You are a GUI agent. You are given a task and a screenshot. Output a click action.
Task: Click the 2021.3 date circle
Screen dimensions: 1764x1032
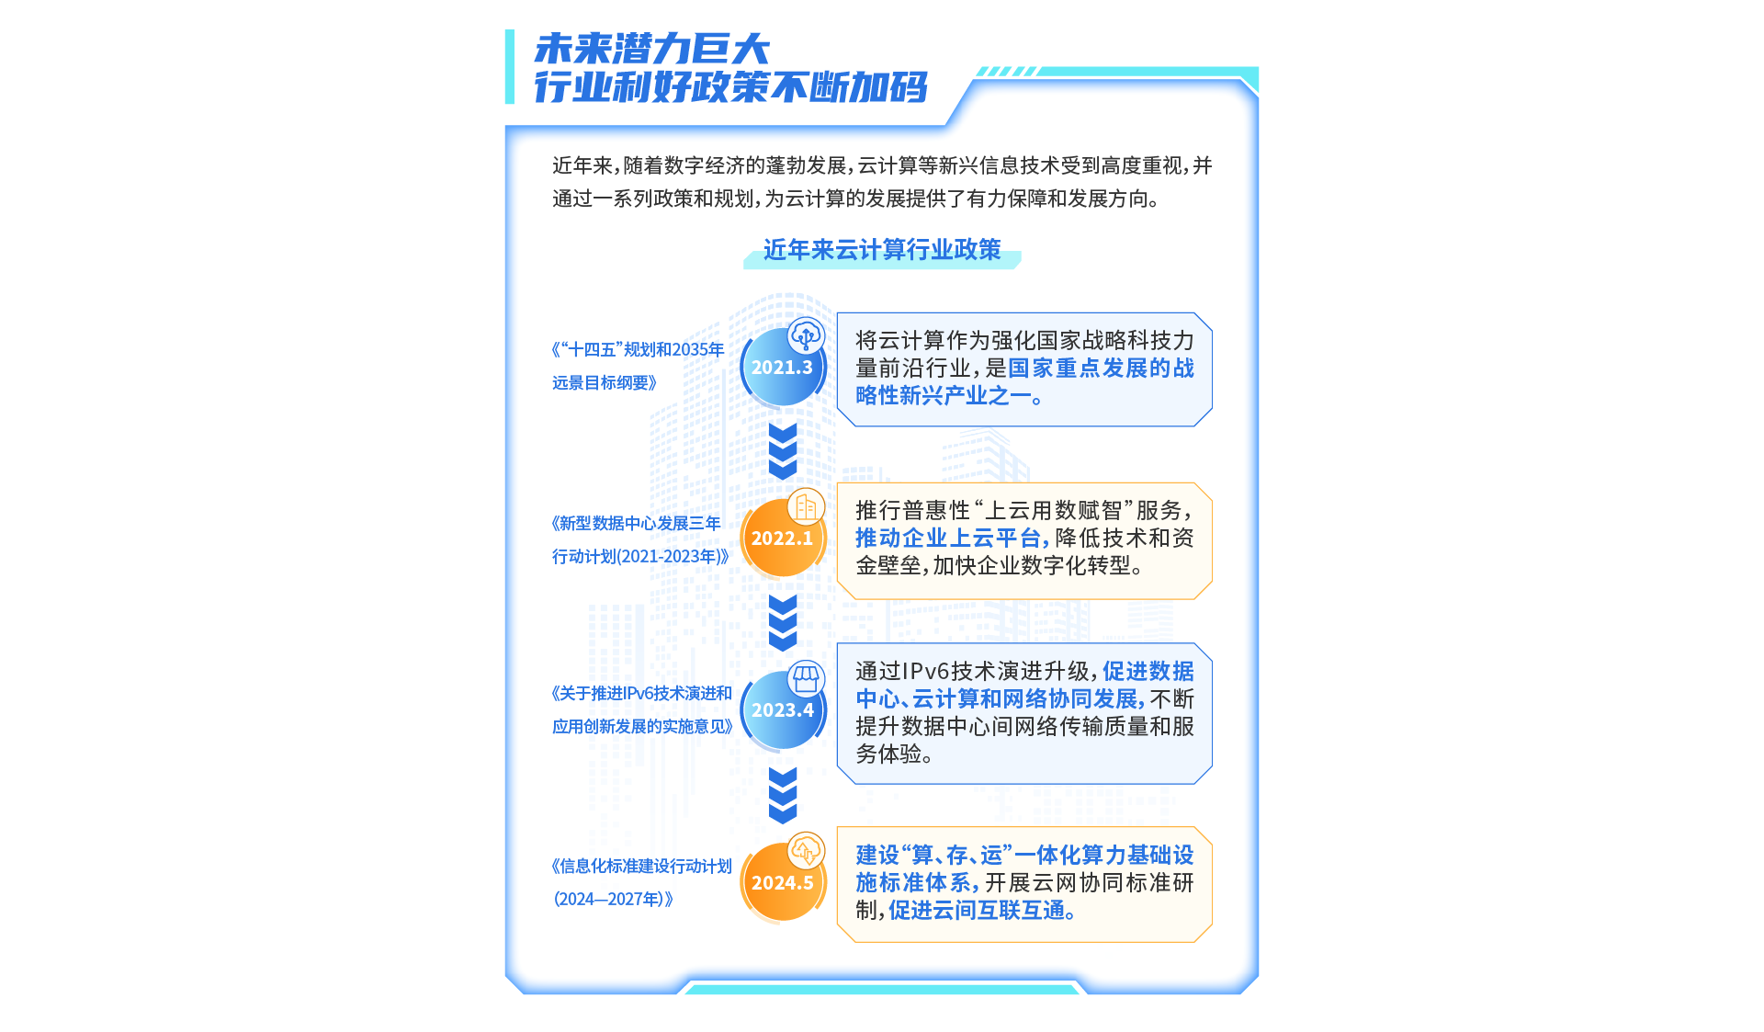(782, 368)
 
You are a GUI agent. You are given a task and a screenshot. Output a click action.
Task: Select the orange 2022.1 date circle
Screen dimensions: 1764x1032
(782, 539)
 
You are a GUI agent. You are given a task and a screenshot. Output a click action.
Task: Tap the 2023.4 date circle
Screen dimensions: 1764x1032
(782, 710)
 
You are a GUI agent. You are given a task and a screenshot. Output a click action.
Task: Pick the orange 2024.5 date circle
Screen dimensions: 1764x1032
(782, 883)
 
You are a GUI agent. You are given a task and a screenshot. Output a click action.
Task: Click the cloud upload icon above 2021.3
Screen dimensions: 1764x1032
(807, 335)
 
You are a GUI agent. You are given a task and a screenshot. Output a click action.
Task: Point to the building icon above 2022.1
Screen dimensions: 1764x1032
(807, 506)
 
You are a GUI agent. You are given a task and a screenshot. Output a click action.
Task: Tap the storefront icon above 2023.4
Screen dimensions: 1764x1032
(807, 678)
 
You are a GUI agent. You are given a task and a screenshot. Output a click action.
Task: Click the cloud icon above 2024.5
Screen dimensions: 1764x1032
(807, 850)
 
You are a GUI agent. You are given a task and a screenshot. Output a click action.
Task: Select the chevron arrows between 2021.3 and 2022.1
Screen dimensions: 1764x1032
(783, 451)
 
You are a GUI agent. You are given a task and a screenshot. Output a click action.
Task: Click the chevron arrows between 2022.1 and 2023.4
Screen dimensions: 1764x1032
(783, 623)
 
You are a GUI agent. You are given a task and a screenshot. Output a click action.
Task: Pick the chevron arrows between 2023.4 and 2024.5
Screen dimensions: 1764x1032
(783, 795)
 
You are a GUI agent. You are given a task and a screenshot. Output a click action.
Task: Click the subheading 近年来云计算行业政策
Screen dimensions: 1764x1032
(882, 250)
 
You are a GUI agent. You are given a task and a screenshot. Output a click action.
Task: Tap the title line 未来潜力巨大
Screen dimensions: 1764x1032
(651, 49)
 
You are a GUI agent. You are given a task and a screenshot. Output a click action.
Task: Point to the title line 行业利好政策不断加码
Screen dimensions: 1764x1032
(730, 87)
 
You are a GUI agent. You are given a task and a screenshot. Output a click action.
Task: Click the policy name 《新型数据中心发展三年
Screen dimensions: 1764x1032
(636, 524)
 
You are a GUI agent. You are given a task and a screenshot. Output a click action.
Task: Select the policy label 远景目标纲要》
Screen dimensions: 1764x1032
(605, 383)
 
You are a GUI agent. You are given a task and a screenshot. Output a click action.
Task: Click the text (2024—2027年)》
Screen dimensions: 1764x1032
(613, 900)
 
